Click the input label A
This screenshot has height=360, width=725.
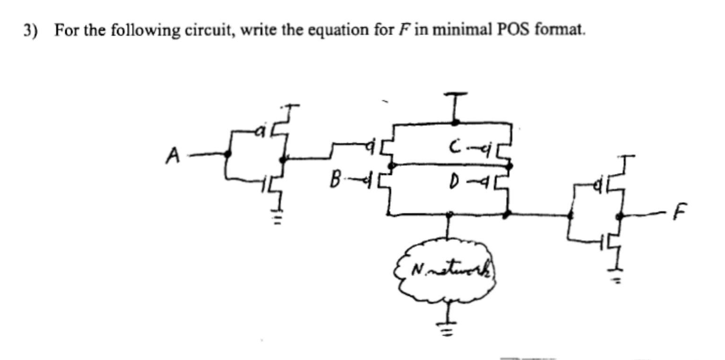click(x=173, y=155)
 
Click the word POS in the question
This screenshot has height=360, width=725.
click(x=515, y=30)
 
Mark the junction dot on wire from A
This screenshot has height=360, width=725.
click(x=228, y=153)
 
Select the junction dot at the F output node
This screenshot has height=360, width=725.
click(x=620, y=216)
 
